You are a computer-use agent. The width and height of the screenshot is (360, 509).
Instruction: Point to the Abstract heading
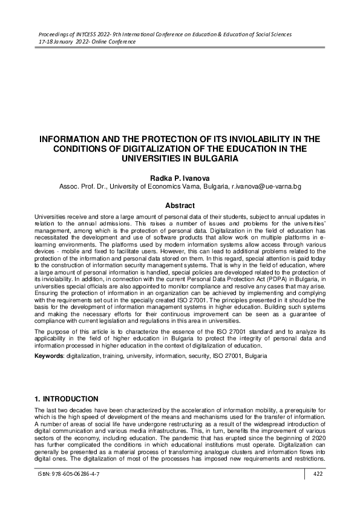180,206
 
